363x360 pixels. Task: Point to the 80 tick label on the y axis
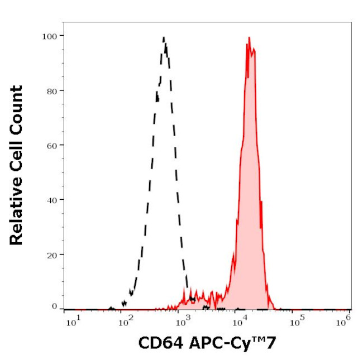51,90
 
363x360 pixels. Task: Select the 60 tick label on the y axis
51,145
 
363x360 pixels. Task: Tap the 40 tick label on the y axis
51,200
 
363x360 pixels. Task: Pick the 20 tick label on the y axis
51,255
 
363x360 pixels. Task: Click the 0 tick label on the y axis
54,306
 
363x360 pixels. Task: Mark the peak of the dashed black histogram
164,37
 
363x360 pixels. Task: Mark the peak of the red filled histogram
249,37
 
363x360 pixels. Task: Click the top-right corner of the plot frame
351,22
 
